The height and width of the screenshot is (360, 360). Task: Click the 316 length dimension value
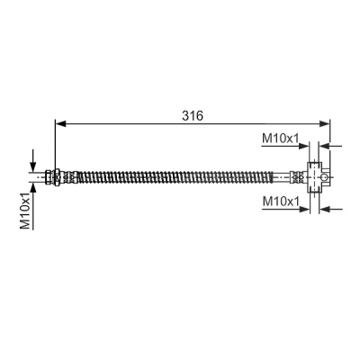(x=193, y=115)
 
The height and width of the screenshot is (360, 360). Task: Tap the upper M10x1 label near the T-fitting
(x=281, y=139)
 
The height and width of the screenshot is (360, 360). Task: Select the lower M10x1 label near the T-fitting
(x=281, y=202)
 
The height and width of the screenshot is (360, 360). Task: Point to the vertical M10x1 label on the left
(x=25, y=211)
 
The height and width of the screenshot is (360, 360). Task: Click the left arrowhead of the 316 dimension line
(x=61, y=123)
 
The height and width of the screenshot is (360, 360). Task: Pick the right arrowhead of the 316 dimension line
(x=324, y=123)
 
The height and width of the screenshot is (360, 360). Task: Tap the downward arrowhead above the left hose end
(x=33, y=166)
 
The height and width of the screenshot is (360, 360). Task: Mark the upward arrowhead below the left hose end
(x=33, y=188)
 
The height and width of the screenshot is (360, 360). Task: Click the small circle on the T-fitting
(x=324, y=177)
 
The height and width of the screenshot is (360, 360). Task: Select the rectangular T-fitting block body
(x=313, y=177)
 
